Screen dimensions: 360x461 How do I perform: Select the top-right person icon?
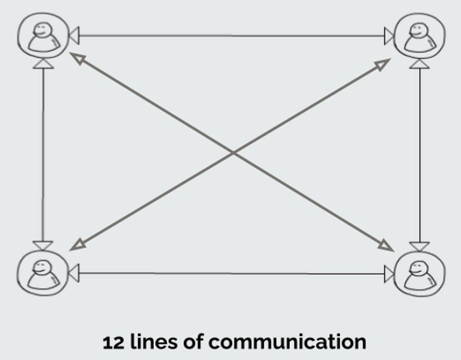pyautogui.click(x=420, y=36)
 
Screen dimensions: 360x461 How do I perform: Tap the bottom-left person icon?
pyautogui.click(x=42, y=273)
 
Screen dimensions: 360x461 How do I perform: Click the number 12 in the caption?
pyautogui.click(x=114, y=342)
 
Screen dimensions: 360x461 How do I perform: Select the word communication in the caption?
pyautogui.click(x=287, y=342)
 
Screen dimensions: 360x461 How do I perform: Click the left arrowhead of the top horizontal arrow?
pyautogui.click(x=74, y=35)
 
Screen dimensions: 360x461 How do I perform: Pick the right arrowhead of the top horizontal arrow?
pyautogui.click(x=389, y=36)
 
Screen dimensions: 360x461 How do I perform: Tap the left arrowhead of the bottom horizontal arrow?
pyautogui.click(x=74, y=273)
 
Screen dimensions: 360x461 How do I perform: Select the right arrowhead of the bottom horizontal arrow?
pyautogui.click(x=389, y=274)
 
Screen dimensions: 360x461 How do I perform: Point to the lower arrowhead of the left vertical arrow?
pyautogui.click(x=43, y=246)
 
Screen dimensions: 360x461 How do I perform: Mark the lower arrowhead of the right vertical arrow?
pyautogui.click(x=419, y=247)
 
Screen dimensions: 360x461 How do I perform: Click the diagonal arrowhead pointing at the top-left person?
pyautogui.click(x=78, y=59)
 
